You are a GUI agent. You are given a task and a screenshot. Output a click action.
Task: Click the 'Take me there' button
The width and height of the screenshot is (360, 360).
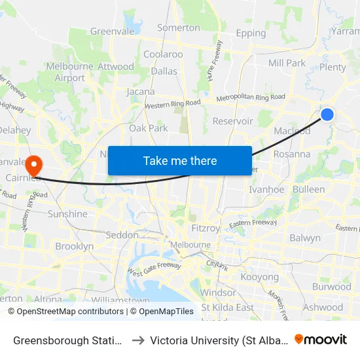pos(180,160)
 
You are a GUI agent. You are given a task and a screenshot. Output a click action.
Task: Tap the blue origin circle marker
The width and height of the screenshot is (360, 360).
pos(327,115)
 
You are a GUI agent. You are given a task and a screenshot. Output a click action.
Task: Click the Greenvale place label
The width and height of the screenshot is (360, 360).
pos(112,31)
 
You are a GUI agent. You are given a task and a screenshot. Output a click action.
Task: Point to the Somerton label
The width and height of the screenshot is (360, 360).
pos(179,27)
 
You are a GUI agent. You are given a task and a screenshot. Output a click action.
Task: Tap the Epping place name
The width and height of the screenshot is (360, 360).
pos(251,33)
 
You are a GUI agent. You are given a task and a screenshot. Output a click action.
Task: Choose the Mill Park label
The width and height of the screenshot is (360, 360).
pos(287,63)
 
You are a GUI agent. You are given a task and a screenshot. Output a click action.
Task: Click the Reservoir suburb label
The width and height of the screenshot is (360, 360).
pos(233,121)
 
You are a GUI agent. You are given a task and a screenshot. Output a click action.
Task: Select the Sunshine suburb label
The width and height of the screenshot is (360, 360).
pos(67,214)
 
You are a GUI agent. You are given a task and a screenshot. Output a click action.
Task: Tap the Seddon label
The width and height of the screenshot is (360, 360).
pos(122,235)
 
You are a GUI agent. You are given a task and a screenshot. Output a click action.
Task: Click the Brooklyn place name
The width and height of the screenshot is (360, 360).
pos(75,247)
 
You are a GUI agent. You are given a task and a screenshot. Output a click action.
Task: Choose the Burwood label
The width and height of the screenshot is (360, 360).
pos(331,287)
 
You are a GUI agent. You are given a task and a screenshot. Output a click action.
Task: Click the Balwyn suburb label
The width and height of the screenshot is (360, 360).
pos(305,238)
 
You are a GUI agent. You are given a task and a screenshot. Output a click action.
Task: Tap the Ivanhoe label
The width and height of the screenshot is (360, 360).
pos(267,190)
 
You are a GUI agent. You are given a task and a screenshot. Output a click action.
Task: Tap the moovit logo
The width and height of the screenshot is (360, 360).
pos(321,339)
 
